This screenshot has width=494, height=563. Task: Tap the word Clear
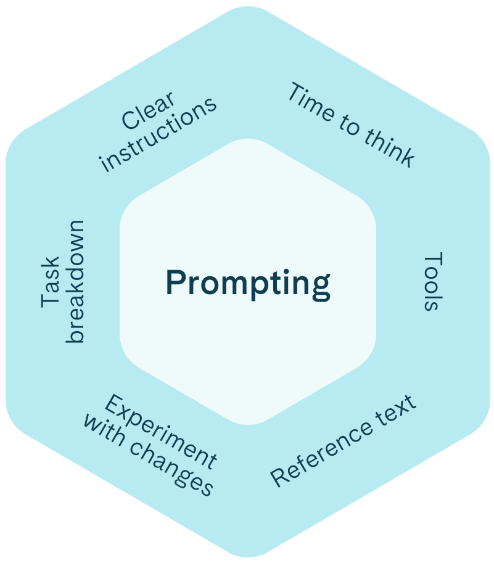point(148,111)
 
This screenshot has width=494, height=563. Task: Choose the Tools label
point(434,281)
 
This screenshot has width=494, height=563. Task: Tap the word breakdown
point(75,281)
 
